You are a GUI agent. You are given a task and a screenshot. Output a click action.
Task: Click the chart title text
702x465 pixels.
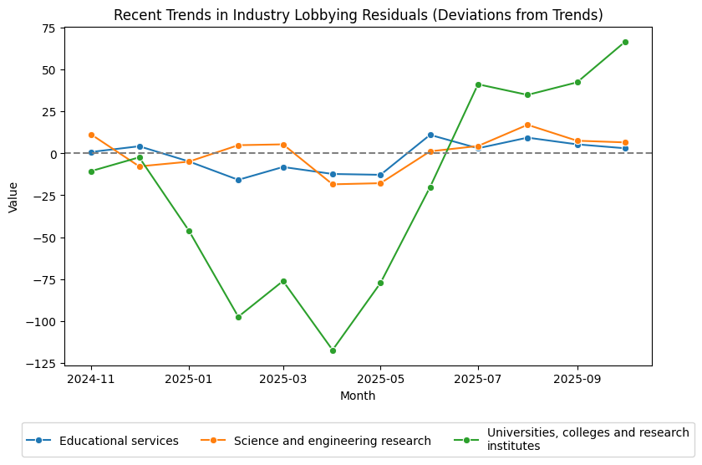click(x=358, y=15)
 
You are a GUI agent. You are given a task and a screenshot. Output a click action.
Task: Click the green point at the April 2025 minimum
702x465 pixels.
click(x=333, y=350)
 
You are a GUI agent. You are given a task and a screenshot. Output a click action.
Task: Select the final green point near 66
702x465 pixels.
click(x=625, y=42)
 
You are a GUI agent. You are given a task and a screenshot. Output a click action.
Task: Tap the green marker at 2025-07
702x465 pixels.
click(x=478, y=84)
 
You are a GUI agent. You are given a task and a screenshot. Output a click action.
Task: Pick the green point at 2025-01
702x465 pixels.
click(x=189, y=231)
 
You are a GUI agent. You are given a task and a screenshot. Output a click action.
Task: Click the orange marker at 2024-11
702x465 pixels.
click(x=91, y=135)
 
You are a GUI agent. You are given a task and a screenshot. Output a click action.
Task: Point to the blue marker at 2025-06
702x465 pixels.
click(x=430, y=135)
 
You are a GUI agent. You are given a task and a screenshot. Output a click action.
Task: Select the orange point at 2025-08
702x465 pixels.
click(x=527, y=125)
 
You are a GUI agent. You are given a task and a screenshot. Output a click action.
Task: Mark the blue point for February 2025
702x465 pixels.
click(x=238, y=180)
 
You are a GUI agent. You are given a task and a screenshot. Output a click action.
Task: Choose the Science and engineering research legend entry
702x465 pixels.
click(x=332, y=441)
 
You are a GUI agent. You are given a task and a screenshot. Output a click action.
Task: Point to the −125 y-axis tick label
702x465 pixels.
click(x=41, y=363)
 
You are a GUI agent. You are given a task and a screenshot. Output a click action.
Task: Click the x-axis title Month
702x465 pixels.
click(x=358, y=396)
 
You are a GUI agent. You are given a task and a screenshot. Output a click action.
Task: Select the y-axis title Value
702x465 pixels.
click(x=13, y=197)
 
